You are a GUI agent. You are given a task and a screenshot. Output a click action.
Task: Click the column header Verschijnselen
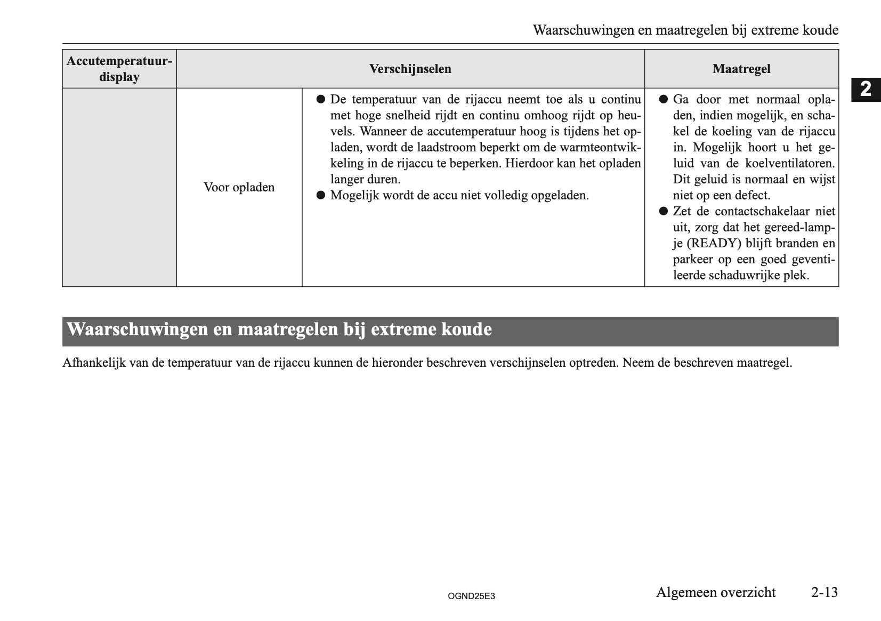(410, 69)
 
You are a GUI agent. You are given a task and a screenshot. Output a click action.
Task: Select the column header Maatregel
(741, 69)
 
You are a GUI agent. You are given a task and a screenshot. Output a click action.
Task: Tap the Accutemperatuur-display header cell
(119, 69)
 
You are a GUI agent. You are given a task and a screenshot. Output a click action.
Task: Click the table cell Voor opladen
(239, 188)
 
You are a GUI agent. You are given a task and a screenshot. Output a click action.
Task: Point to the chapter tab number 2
(866, 89)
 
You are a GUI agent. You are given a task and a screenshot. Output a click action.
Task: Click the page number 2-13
(824, 592)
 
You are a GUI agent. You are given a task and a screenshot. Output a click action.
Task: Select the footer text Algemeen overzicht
(715, 592)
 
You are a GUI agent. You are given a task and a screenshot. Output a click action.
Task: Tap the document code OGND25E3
(471, 596)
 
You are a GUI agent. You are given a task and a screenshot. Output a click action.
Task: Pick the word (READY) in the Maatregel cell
(714, 244)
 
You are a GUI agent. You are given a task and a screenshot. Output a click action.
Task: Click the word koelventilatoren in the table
(789, 164)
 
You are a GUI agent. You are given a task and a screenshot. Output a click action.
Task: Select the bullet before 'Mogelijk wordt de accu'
(320, 196)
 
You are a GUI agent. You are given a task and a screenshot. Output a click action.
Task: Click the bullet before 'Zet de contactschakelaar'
(663, 212)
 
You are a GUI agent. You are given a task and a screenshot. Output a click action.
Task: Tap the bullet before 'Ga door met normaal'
(663, 100)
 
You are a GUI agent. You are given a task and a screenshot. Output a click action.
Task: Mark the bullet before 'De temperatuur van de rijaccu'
(320, 100)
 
